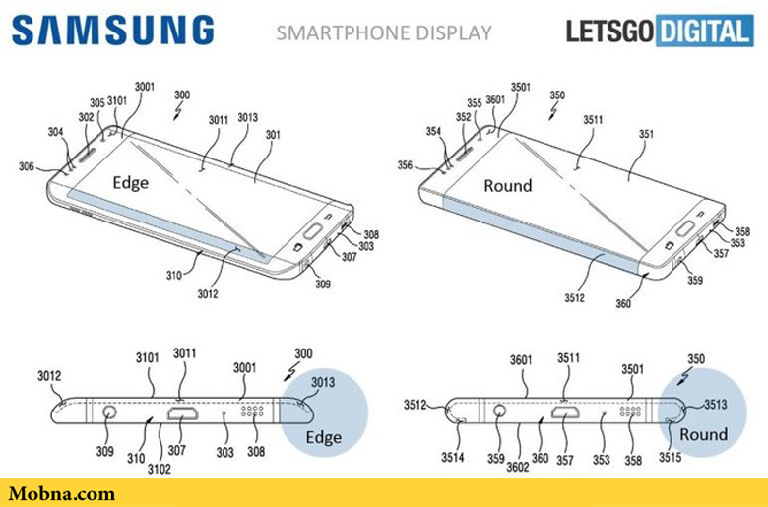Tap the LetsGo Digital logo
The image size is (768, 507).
click(658, 32)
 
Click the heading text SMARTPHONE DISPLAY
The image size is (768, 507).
click(383, 32)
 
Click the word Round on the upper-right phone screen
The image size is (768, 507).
click(507, 185)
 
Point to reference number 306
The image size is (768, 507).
click(26, 167)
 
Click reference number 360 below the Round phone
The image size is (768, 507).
click(622, 304)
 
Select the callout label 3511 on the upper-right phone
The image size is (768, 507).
click(593, 120)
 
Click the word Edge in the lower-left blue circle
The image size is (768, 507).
click(323, 437)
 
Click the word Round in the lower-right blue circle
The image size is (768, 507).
click(703, 434)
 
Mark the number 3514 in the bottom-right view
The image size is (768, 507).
click(452, 457)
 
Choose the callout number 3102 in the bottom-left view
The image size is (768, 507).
click(157, 470)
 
